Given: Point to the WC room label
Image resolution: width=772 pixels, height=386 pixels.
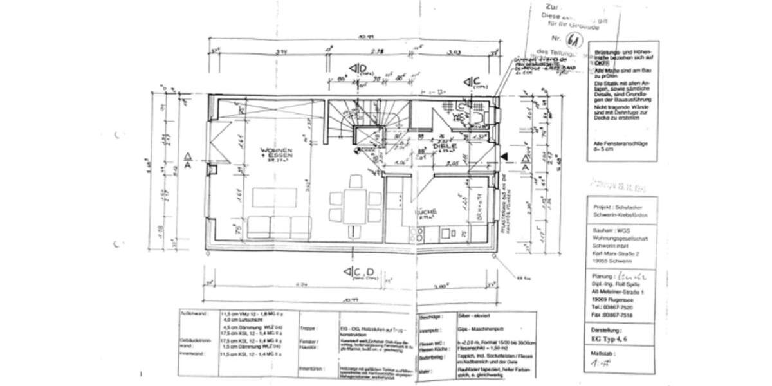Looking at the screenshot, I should click(x=457, y=116).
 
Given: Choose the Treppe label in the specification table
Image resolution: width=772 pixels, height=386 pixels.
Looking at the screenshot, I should click(x=308, y=328).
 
